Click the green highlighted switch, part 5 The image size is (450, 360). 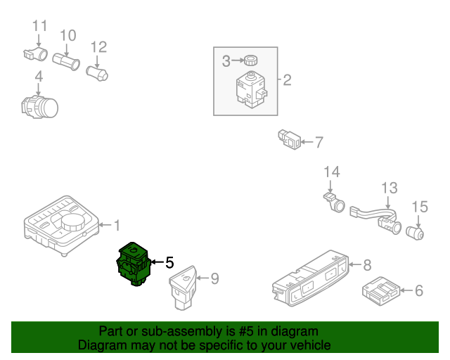point(134,263)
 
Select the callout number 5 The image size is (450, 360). point(169,263)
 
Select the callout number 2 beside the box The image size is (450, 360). point(287,80)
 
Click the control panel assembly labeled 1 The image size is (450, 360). point(60,226)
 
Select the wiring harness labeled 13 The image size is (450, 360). point(373,215)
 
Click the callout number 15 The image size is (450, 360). point(419,207)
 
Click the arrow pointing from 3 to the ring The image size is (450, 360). point(237,61)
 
